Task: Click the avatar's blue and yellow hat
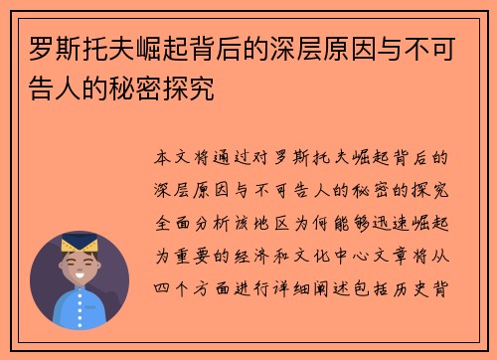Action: [x=81, y=245]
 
